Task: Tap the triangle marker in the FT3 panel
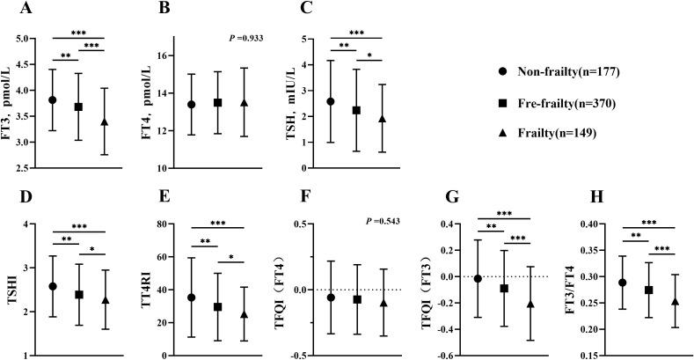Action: [x=105, y=121]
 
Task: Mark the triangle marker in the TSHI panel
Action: [x=105, y=300]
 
